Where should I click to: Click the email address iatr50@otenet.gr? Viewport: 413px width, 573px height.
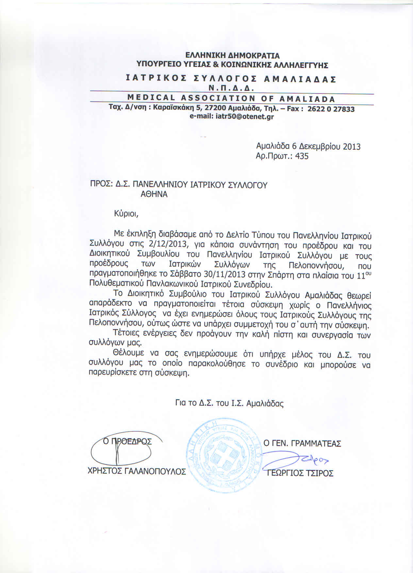point(245,117)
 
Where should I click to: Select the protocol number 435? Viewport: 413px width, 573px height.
point(302,156)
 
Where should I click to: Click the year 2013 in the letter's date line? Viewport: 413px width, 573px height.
point(352,146)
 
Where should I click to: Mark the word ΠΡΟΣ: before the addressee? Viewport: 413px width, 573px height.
point(101,185)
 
